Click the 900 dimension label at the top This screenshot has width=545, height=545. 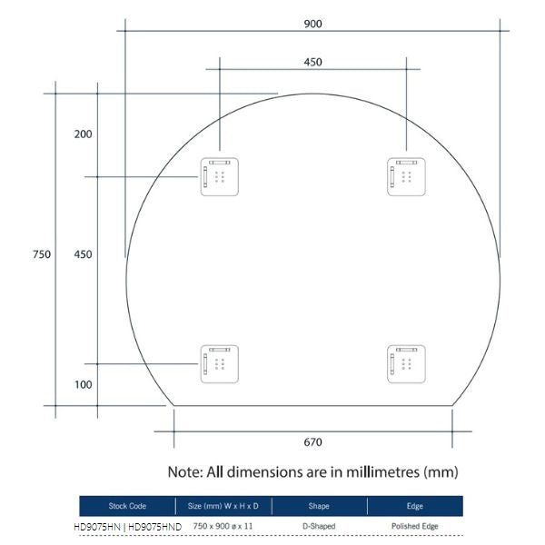click(x=312, y=24)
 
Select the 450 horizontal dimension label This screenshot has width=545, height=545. click(x=312, y=62)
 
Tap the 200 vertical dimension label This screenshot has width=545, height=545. click(x=83, y=134)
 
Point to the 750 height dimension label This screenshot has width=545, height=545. click(x=41, y=254)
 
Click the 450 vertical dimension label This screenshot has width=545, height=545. click(x=83, y=254)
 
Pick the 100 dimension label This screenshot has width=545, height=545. click(x=83, y=384)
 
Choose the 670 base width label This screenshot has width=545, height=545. click(x=312, y=442)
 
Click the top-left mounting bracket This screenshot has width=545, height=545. click(x=220, y=176)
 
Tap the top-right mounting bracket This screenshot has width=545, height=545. click(x=405, y=176)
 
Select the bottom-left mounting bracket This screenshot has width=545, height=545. click(x=220, y=363)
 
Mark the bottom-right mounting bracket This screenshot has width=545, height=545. click(x=405, y=363)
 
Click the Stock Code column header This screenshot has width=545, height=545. click(x=127, y=506)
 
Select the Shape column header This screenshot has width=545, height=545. click(x=319, y=506)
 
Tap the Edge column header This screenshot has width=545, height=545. click(x=414, y=506)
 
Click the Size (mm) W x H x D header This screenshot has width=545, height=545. click(x=223, y=506)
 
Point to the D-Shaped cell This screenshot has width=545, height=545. click(x=319, y=526)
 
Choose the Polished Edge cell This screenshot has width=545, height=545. click(x=414, y=526)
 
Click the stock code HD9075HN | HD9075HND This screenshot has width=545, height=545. click(x=127, y=526)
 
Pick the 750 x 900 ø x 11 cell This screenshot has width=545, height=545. click(x=223, y=526)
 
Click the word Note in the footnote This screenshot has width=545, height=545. click(x=185, y=472)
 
